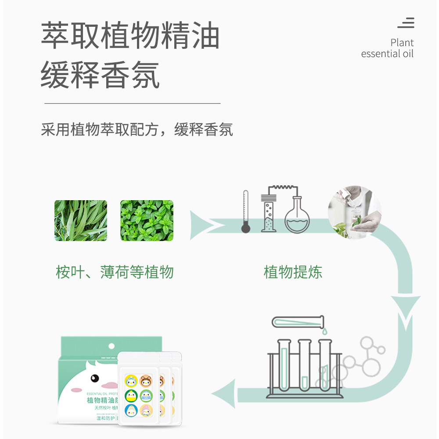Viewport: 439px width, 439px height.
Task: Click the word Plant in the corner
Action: (x=402, y=43)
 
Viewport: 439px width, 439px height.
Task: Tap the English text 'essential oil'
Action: (x=387, y=54)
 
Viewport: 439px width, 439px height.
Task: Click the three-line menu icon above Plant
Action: (x=406, y=23)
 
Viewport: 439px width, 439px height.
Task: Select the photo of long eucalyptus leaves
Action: (x=81, y=220)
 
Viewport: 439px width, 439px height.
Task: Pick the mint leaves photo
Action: (x=147, y=220)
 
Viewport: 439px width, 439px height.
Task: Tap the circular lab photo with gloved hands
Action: (x=354, y=212)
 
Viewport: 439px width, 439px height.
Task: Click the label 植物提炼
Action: (x=293, y=272)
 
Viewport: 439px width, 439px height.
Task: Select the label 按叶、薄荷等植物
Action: (x=115, y=272)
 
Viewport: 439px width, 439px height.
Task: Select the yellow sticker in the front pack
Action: (x=131, y=380)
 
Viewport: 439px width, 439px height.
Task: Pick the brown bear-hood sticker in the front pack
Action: (x=147, y=380)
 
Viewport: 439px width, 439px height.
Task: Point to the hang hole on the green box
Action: (x=112, y=345)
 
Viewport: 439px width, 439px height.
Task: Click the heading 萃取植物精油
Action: (x=130, y=36)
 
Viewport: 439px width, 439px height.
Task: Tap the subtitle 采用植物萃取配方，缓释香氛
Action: (x=137, y=130)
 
